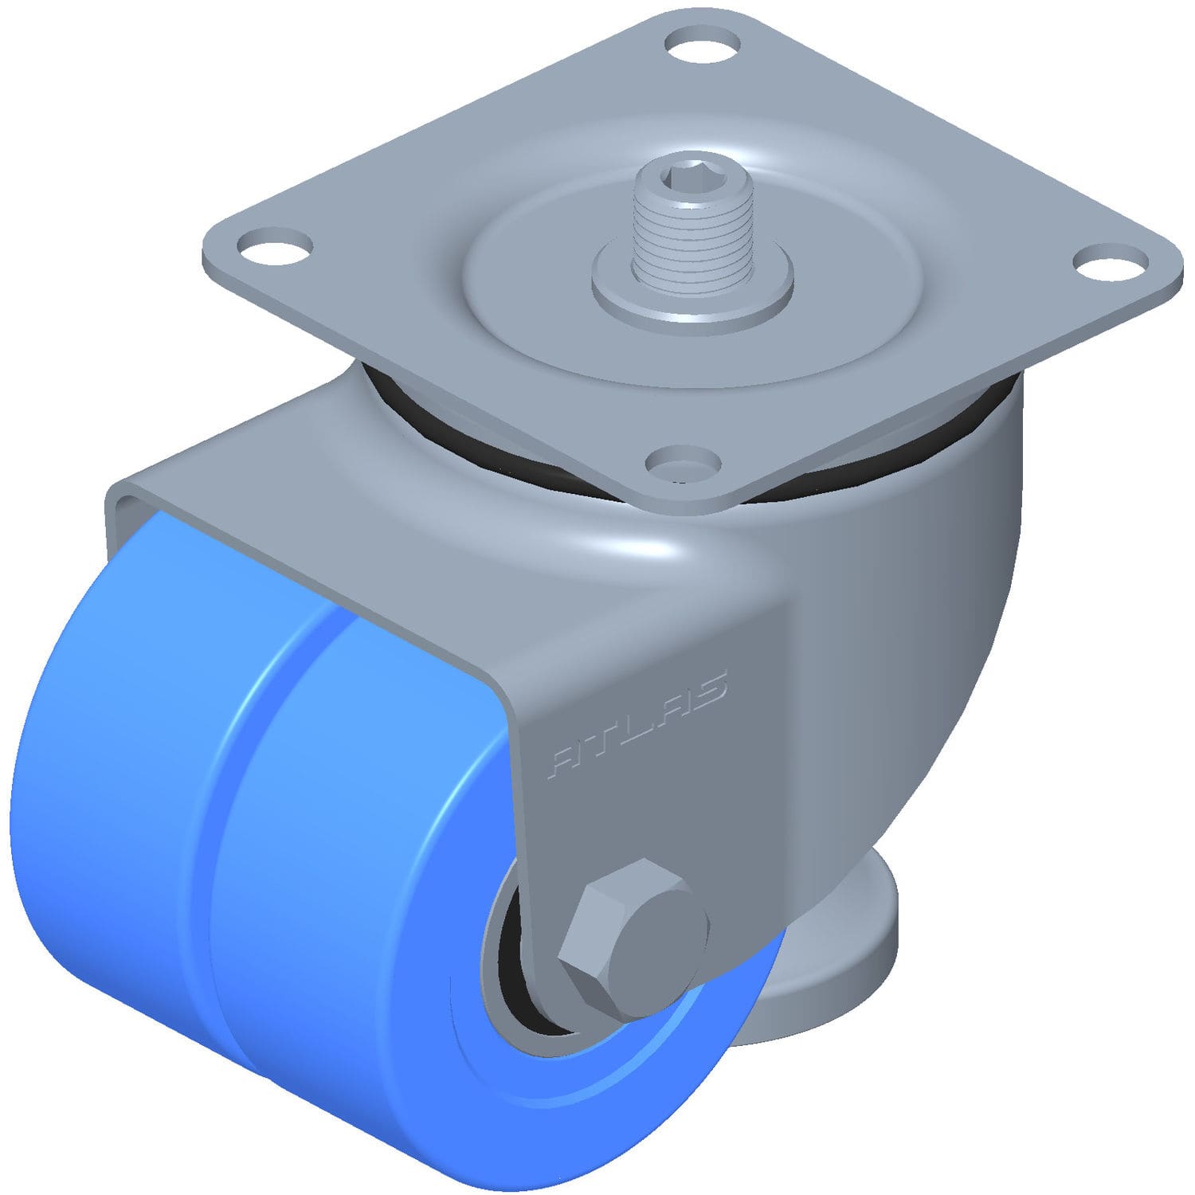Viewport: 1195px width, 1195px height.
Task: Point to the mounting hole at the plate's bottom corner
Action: [682, 462]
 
